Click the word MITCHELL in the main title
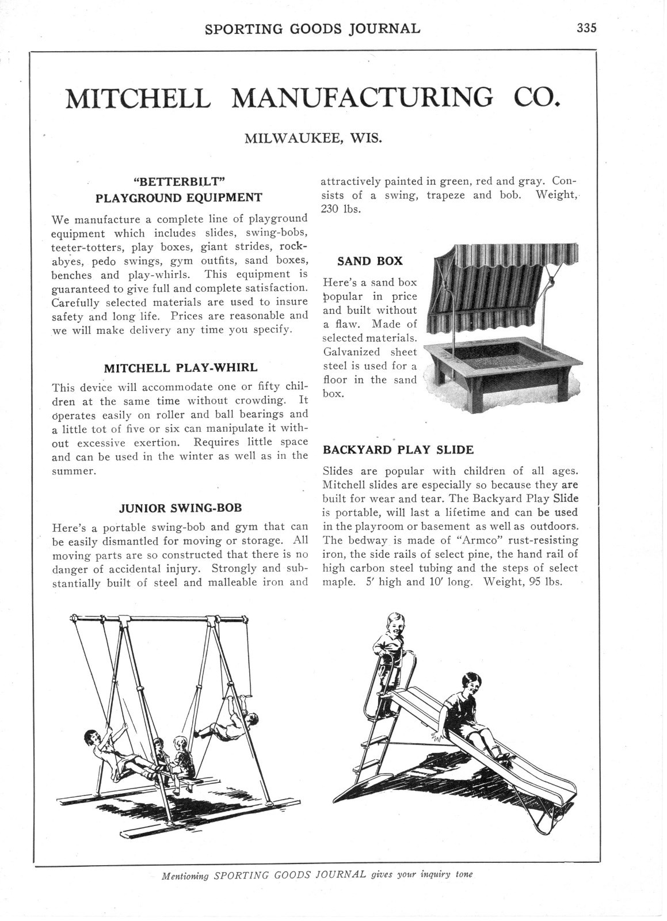[x=138, y=98]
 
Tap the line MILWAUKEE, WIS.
[x=313, y=139]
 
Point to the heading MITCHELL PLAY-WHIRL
[x=181, y=368]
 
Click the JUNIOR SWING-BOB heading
[x=180, y=508]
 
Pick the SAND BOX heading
[x=370, y=261]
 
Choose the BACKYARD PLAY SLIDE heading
[x=398, y=449]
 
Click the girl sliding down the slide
[x=469, y=711]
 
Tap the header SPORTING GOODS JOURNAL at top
[x=313, y=28]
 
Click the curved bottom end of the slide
[x=547, y=817]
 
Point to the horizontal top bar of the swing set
[x=161, y=620]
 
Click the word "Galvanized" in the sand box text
[x=351, y=352]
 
